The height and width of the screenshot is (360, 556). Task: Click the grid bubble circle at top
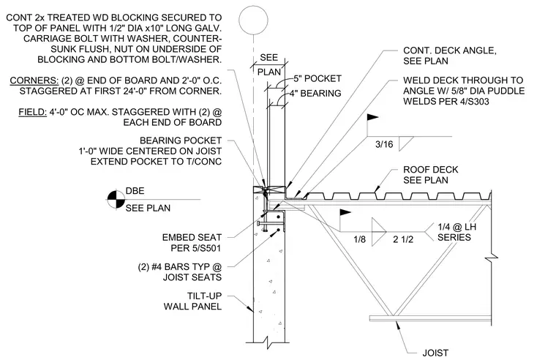[253, 7]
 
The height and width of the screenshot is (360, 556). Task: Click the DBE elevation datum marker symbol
[116, 200]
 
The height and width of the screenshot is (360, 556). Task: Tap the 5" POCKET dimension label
[318, 78]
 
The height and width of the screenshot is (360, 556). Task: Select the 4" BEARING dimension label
[315, 93]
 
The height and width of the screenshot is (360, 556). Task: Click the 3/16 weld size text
[384, 144]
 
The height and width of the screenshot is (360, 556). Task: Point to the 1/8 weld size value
[359, 239]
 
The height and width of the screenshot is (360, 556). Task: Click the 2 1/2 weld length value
[403, 239]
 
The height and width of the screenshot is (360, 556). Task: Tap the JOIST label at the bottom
[435, 353]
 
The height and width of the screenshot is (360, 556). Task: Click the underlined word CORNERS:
[34, 80]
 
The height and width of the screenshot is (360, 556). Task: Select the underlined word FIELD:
[33, 112]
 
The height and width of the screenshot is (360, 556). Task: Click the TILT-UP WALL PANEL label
[192, 301]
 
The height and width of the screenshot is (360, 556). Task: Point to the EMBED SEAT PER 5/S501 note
[192, 243]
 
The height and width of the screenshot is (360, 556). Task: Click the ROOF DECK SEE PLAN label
[431, 175]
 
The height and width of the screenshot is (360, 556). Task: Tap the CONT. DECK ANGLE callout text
[450, 50]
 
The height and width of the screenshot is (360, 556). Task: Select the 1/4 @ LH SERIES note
[457, 232]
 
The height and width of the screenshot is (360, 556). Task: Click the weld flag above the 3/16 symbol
[372, 117]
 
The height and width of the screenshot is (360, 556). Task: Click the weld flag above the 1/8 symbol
[345, 212]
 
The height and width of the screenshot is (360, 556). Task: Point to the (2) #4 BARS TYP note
[180, 271]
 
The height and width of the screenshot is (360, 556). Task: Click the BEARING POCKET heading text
[181, 140]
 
